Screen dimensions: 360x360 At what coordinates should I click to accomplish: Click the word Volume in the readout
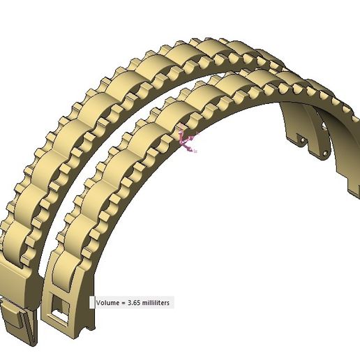pos(110,303)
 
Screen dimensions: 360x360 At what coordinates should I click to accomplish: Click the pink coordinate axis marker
pos(187,140)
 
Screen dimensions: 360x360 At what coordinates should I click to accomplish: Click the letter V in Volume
pos(98,303)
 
